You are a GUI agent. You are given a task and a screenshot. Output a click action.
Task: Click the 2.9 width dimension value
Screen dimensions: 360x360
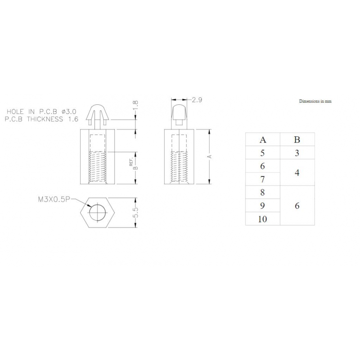[197, 100]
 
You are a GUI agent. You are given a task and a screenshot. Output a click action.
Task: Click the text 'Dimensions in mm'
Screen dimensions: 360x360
[315, 102]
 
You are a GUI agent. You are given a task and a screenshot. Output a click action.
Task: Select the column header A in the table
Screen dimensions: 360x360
[262, 139]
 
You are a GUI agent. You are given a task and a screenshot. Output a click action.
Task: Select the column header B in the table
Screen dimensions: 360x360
[297, 139]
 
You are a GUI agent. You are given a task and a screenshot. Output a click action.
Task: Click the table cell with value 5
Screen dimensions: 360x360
[262, 153]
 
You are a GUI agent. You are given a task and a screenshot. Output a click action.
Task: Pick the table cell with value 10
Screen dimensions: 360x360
[262, 219]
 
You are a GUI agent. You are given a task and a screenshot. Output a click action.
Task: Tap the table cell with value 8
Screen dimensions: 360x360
[262, 193]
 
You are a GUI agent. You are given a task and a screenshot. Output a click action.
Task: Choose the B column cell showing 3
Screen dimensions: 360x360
[297, 153]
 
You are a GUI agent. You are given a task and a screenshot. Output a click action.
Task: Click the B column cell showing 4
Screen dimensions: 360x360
[297, 172]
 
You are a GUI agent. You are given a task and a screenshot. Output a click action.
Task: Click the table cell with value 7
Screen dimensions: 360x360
[262, 179]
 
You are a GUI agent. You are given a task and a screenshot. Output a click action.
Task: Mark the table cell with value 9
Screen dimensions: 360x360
[262, 206]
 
